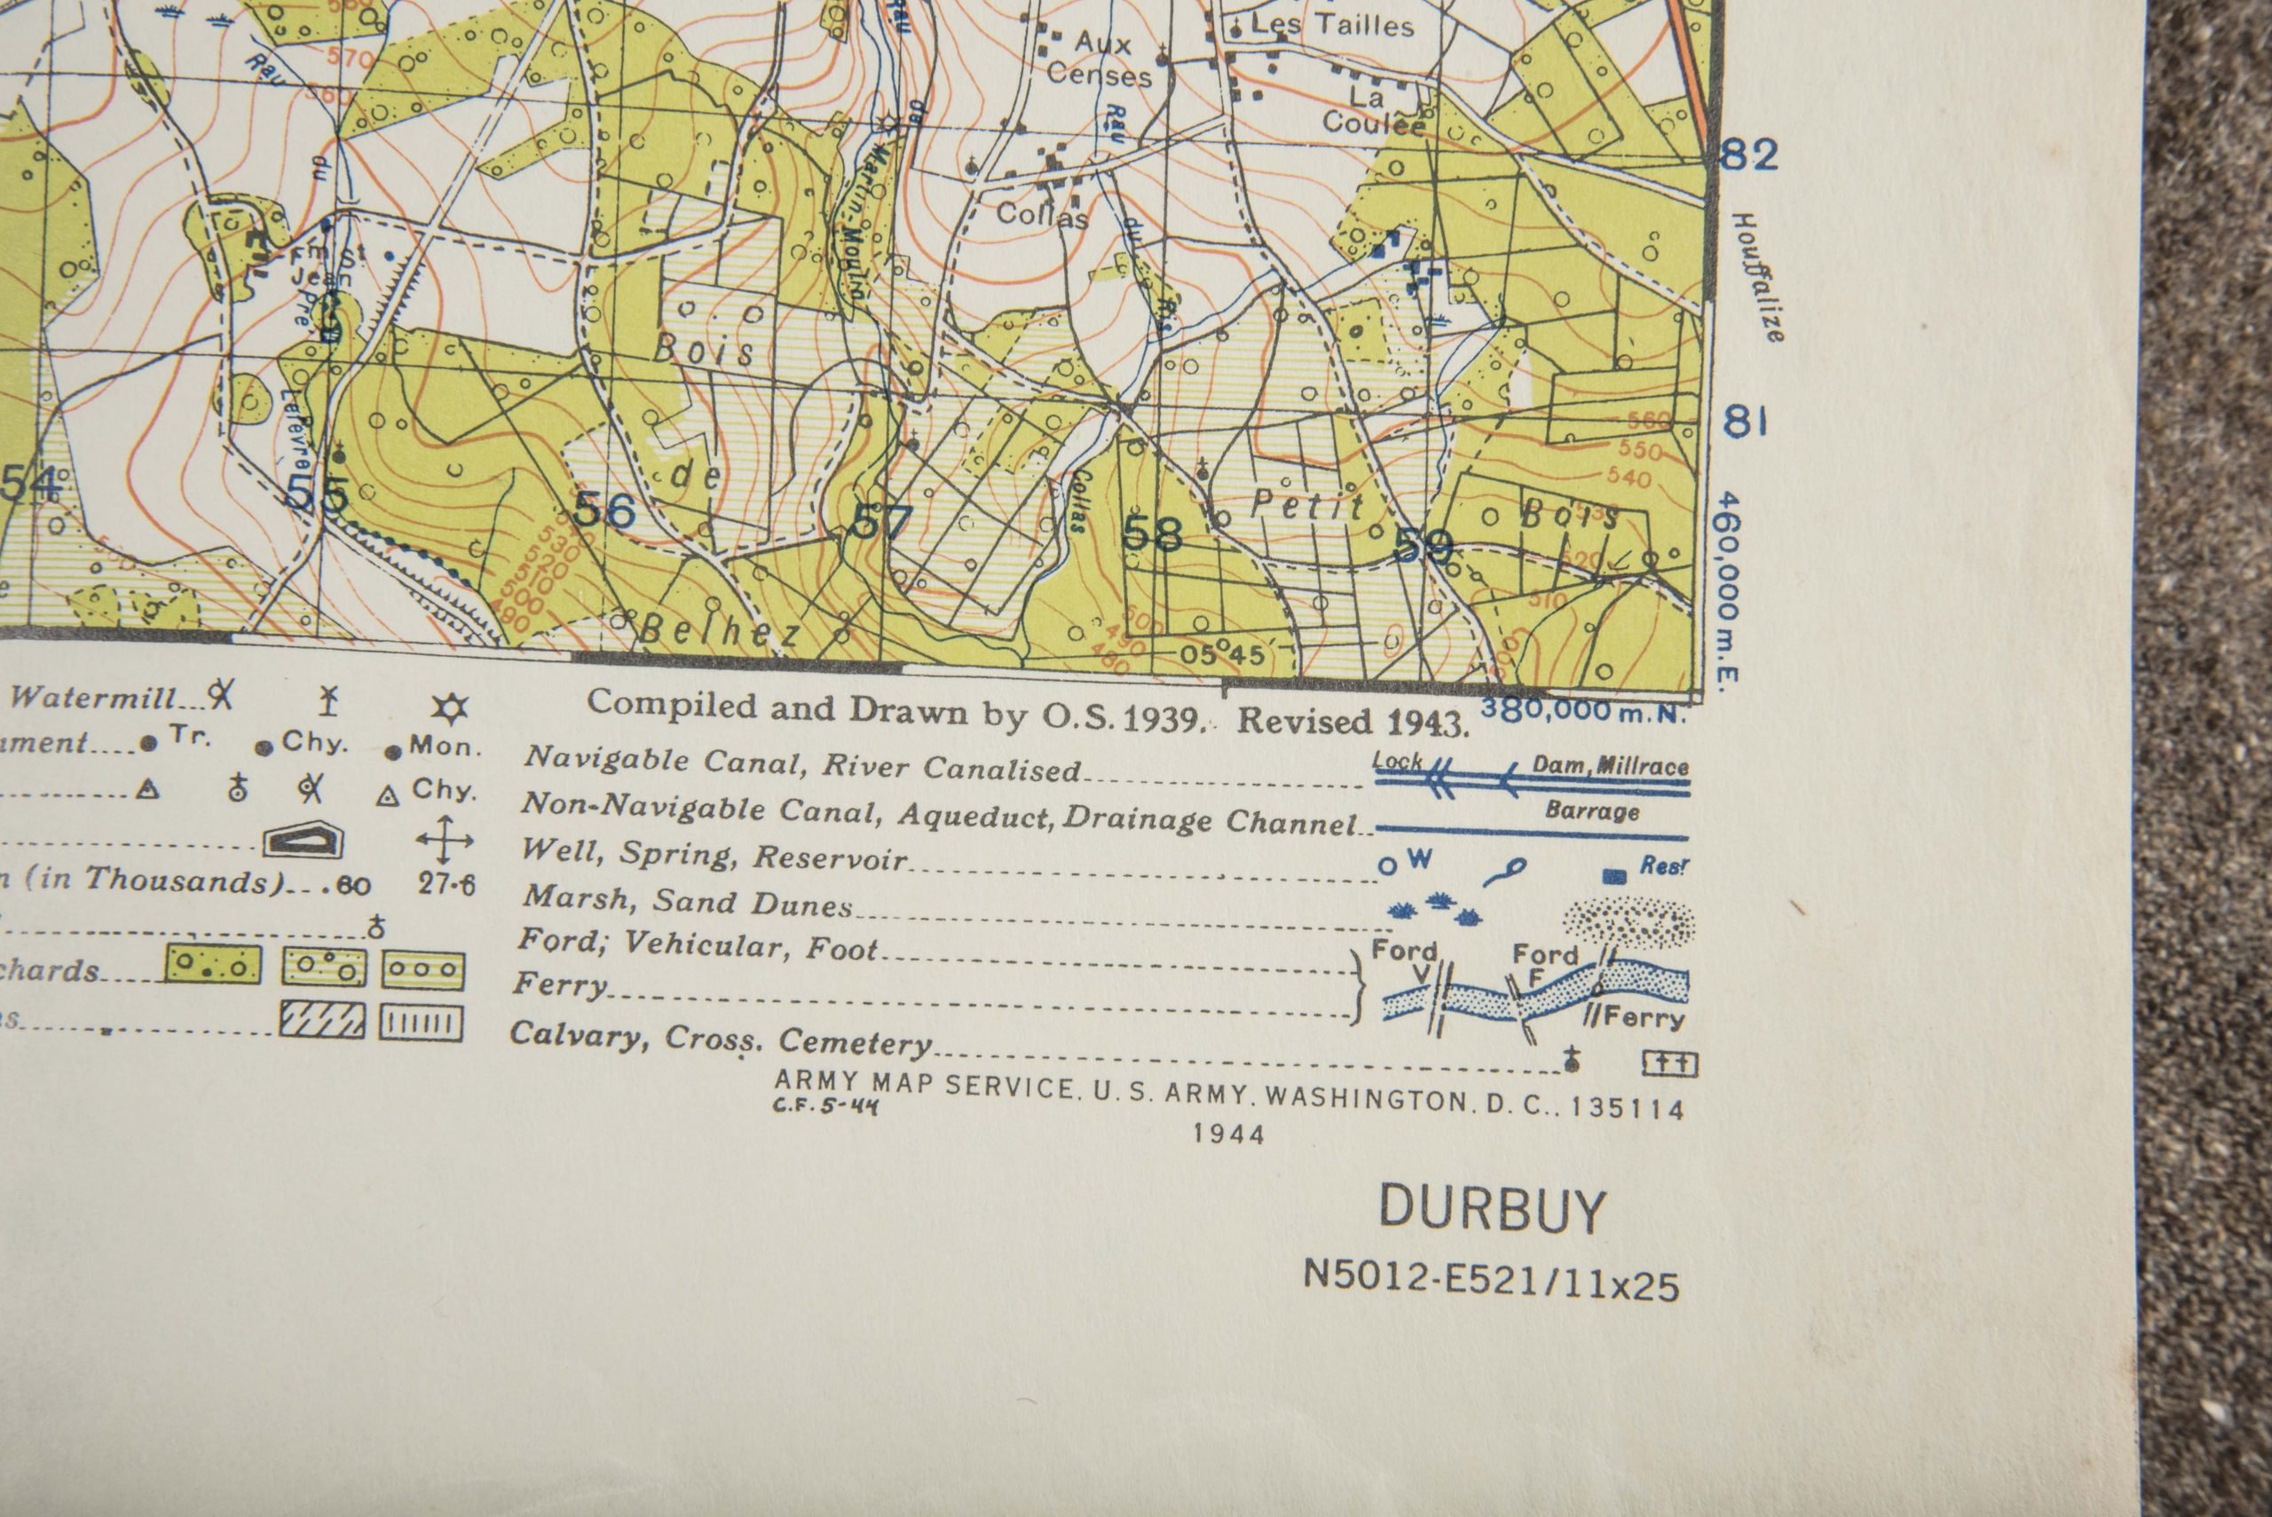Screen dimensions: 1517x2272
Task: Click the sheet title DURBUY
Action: click(x=1490, y=1209)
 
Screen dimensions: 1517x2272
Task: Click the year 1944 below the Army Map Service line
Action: click(x=1228, y=1134)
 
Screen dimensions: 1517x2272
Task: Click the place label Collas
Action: click(x=1041, y=215)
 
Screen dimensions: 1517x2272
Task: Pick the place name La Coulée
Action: click(x=1372, y=110)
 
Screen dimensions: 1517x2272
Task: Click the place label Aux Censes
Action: click(x=1100, y=60)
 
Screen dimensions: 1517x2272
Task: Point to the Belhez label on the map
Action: click(x=721, y=632)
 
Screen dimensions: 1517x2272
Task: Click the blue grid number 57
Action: click(x=880, y=524)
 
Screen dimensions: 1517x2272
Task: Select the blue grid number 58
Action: click(x=1152, y=533)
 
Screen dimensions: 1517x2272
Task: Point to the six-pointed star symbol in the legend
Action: click(x=449, y=709)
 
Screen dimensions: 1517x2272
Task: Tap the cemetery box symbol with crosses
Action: click(x=1670, y=1064)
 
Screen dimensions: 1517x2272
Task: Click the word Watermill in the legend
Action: click(x=94, y=698)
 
